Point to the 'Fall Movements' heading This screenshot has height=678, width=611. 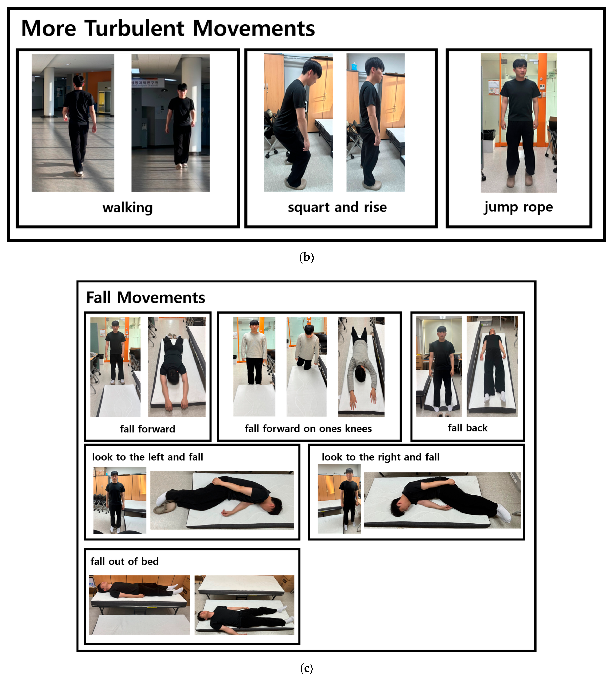coord(146,297)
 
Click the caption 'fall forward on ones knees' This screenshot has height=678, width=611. coord(308,429)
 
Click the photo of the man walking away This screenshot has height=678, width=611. coord(73,123)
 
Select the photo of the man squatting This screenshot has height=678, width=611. coord(299,122)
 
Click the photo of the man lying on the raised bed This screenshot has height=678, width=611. coord(139,605)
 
